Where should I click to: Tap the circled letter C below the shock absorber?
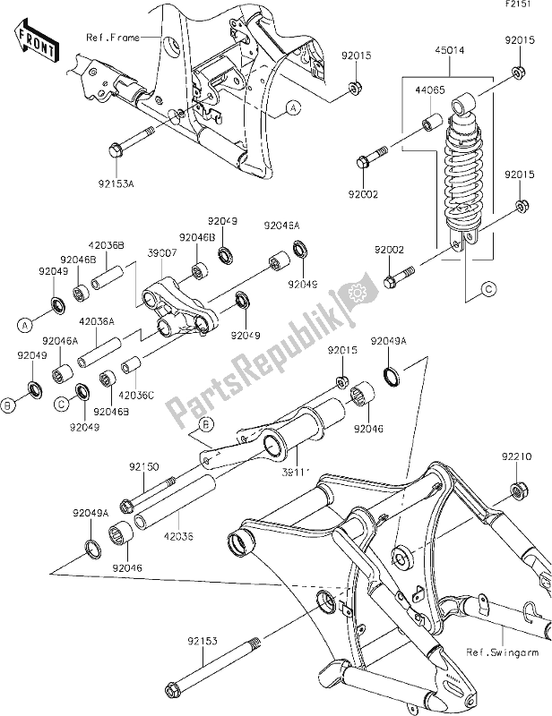click(x=488, y=288)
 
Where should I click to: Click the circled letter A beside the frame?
click(x=292, y=109)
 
